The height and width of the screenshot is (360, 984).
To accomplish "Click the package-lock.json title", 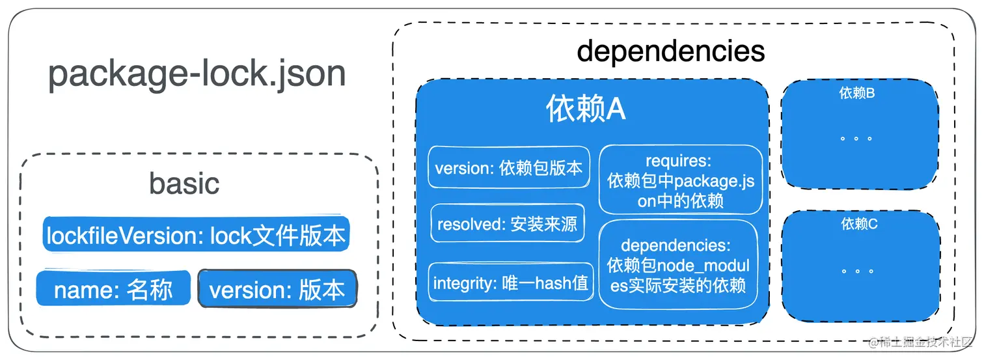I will coord(197,75).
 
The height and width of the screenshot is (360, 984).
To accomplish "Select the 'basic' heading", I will coord(184,184).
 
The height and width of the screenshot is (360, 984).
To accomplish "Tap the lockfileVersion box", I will coord(197,235).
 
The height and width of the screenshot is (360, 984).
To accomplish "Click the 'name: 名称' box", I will coord(113,289).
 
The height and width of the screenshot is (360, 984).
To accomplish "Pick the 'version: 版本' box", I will coord(277,289).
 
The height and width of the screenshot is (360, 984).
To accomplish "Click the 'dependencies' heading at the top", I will coord(671,51).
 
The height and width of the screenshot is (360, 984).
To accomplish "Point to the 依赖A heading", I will coord(586,109).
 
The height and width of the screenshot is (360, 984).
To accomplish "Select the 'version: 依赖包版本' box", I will coord(509,168).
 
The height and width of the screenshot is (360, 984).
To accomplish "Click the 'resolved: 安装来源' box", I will coord(507,225).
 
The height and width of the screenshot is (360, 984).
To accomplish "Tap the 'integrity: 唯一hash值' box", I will coord(511,283).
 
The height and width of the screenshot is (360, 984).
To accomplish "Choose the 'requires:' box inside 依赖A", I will coord(680,180).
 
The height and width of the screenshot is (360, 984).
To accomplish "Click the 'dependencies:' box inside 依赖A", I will coord(678,265).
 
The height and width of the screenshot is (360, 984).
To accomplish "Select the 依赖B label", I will coord(856,93).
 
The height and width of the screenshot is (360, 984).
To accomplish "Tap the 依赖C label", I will coord(859,224).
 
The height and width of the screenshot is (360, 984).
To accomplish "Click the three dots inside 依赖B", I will coord(856,139).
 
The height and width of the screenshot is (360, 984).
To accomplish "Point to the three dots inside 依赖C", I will coord(856,270).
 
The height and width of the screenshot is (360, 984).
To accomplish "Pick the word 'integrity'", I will coord(464,283).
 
